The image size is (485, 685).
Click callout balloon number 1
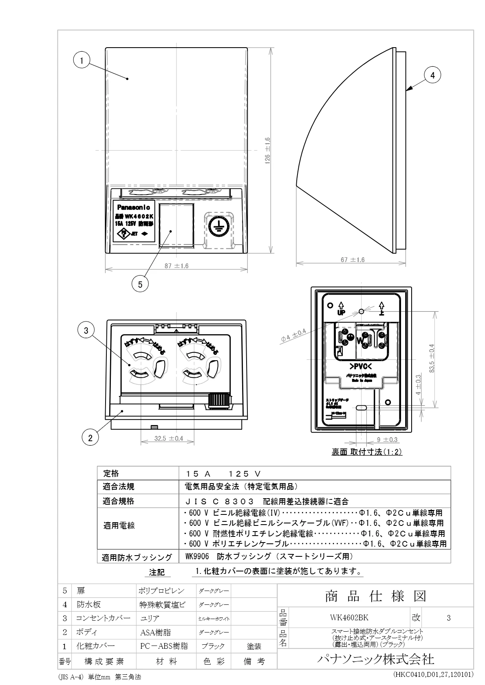click(x=82, y=61)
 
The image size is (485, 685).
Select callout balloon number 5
click(x=140, y=285)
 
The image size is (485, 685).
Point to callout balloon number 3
click(x=86, y=331)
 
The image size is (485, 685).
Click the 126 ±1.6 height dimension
click(x=267, y=150)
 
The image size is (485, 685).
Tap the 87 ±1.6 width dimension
click(x=176, y=266)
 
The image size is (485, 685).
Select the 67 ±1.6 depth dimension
click(x=353, y=260)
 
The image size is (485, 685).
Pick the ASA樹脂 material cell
click(x=155, y=632)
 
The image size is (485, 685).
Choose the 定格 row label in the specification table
click(x=111, y=473)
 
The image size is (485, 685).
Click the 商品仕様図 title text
click(x=375, y=596)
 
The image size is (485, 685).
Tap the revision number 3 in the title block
click(x=448, y=618)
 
